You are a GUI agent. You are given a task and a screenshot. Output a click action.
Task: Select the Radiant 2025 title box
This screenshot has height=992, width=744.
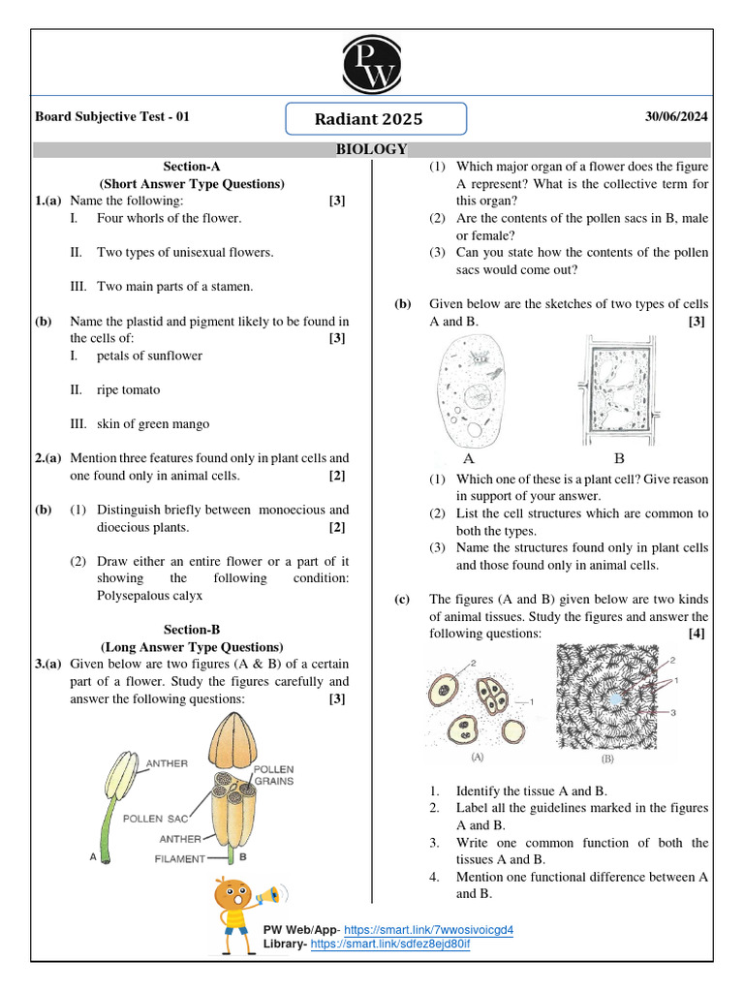(x=376, y=119)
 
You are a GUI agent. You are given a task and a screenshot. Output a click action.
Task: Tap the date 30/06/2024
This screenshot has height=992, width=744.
(x=676, y=117)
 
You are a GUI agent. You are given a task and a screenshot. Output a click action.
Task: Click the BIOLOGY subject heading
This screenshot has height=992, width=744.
(x=372, y=149)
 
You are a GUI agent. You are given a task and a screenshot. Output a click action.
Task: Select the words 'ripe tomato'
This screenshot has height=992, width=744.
(x=128, y=389)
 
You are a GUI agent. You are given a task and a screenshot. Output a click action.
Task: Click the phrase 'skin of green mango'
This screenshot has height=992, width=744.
(x=152, y=423)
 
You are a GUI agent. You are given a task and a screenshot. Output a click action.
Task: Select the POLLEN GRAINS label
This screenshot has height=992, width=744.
(x=274, y=774)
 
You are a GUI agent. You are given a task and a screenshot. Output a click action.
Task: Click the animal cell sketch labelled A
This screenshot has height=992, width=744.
(x=470, y=392)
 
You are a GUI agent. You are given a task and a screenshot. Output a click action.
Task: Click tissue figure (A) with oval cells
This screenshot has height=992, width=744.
(x=477, y=699)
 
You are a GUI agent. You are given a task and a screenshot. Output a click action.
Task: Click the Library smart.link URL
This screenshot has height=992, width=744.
(x=390, y=944)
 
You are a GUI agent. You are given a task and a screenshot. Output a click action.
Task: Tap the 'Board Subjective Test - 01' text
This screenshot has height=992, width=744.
(x=112, y=117)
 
